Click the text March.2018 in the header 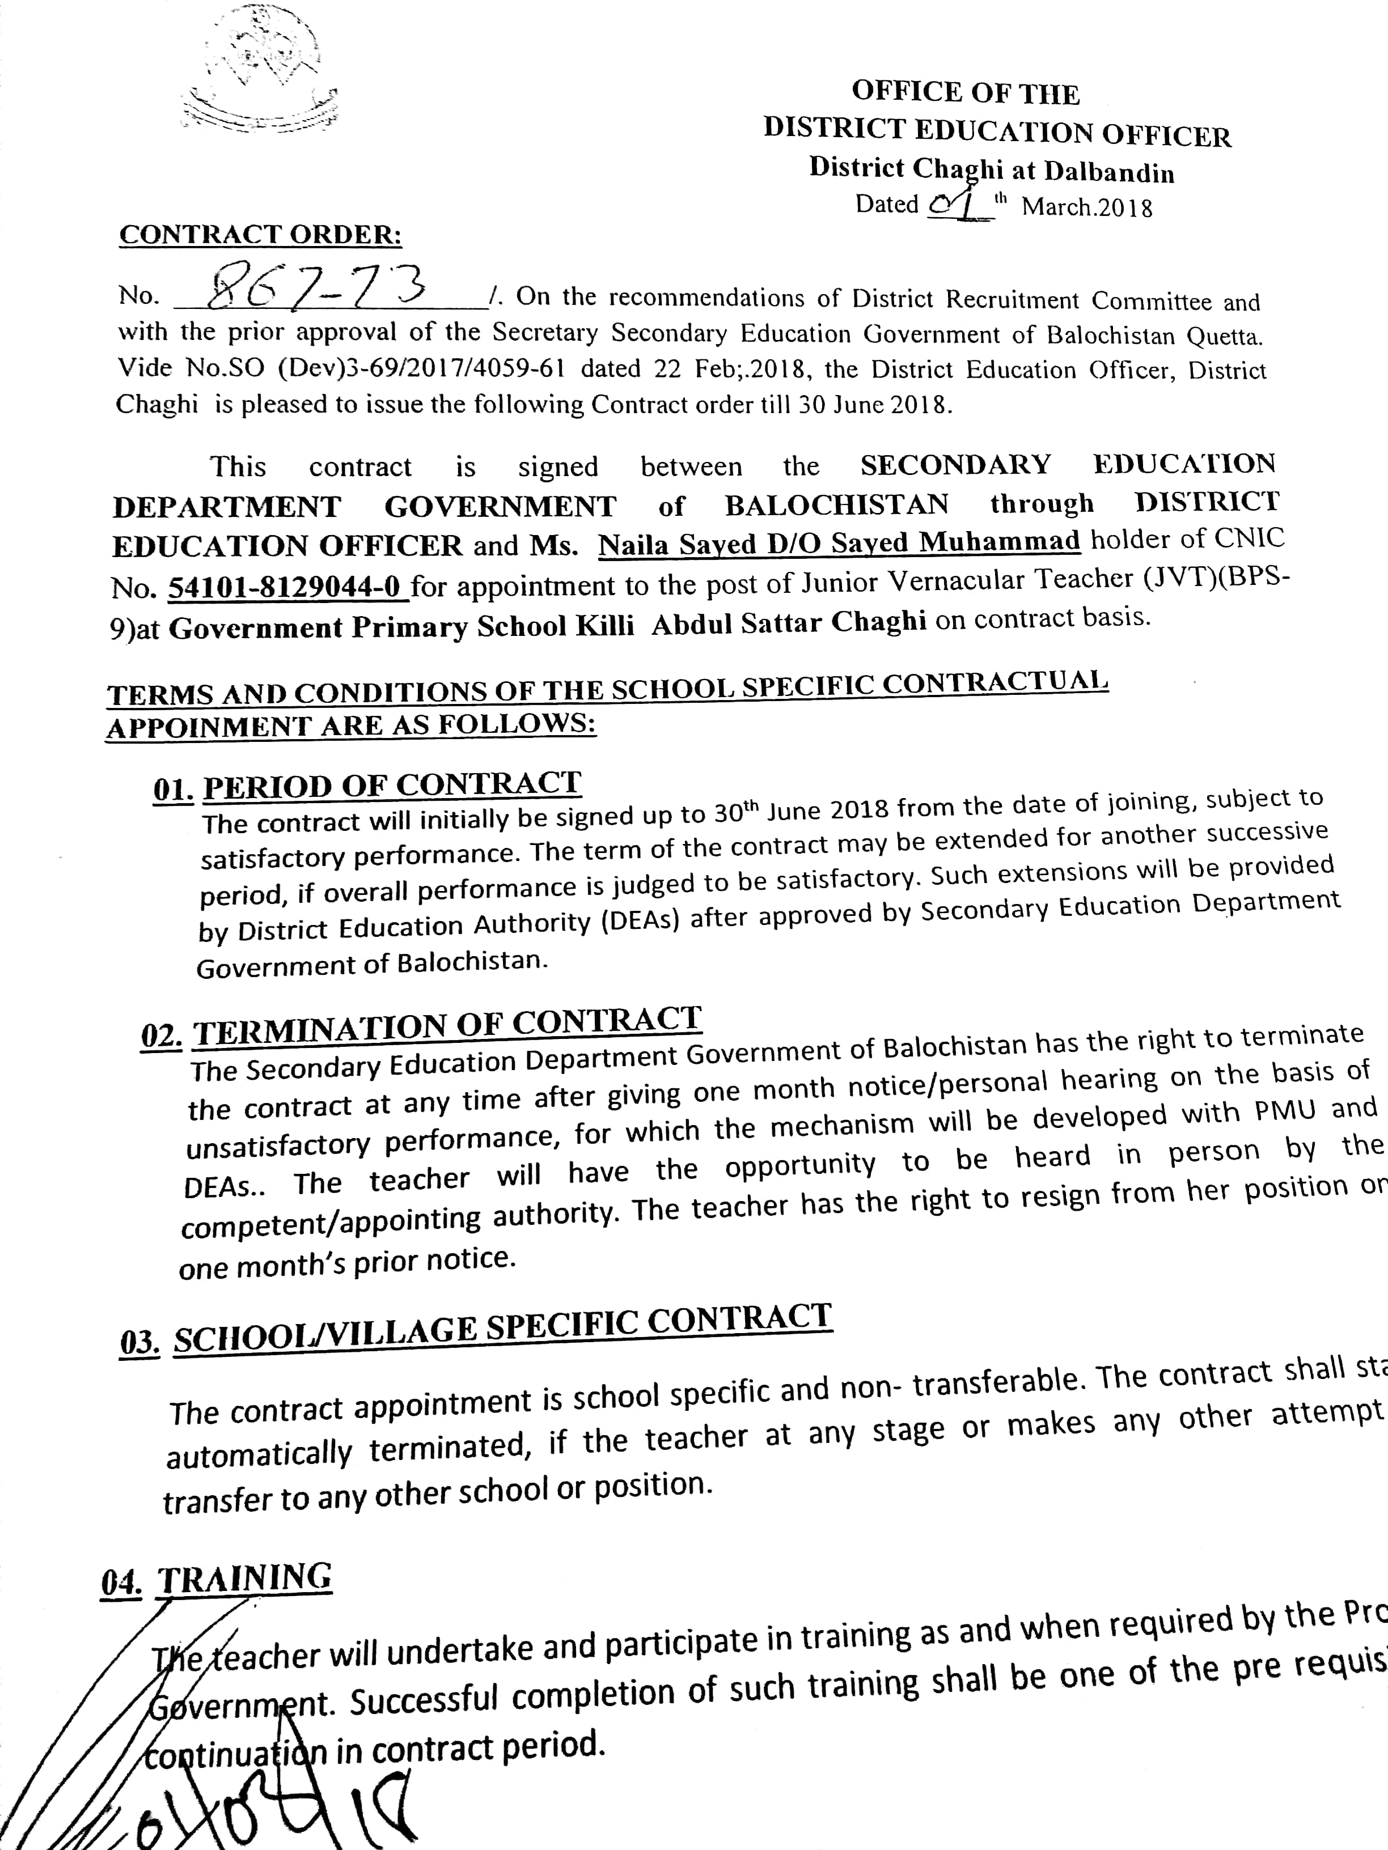point(1086,206)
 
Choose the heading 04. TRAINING point(217,1580)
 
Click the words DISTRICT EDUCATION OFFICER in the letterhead point(996,132)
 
